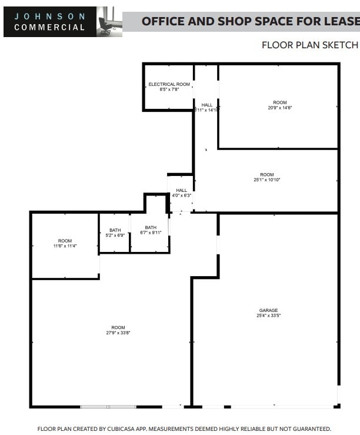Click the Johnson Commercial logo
coord(49,22)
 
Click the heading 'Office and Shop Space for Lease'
coord(250,22)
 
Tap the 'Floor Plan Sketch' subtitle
coord(309,45)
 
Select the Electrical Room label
coord(169,85)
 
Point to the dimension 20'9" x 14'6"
coord(279,108)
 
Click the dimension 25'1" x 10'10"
coord(266,180)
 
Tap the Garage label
coord(268,310)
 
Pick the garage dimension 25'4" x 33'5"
coord(268,316)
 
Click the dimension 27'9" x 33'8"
coord(118,333)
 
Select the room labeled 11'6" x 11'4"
coord(65,245)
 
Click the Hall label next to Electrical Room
coord(206,105)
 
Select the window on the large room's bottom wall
coord(108,406)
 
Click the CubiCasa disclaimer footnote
coord(184,429)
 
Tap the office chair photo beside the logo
coord(109,22)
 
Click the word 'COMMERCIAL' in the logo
coord(49,27)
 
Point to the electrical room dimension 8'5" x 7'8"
coord(169,89)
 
